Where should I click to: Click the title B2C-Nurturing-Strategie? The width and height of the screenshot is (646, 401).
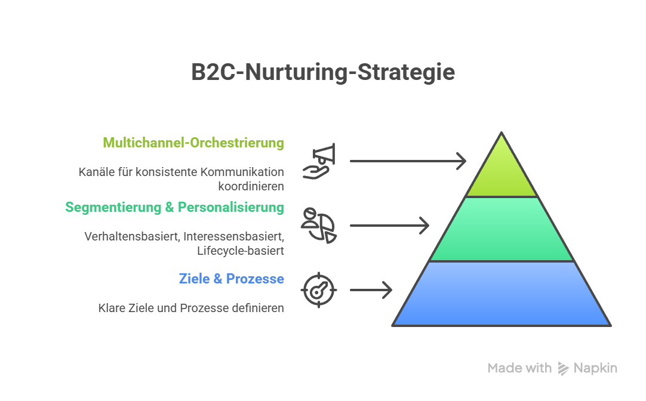tap(323, 72)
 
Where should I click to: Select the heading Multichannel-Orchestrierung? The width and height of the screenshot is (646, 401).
tap(193, 143)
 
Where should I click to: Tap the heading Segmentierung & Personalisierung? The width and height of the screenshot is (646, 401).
tap(174, 207)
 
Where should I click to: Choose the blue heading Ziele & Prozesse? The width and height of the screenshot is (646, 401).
tap(231, 279)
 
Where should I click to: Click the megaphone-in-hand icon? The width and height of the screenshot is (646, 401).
tap(319, 161)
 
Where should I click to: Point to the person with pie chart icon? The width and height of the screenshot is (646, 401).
tap(319, 225)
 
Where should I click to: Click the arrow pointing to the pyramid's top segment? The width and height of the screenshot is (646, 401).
tap(407, 161)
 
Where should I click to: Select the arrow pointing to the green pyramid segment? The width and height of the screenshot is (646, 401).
tap(389, 226)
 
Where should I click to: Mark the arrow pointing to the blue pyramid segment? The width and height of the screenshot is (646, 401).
tap(370, 290)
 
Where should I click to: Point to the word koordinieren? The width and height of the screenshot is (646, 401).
tap(251, 186)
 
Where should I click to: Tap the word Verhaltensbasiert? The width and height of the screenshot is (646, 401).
tap(132, 236)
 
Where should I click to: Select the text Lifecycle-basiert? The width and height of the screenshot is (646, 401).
tap(241, 250)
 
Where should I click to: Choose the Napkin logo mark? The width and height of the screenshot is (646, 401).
tap(563, 368)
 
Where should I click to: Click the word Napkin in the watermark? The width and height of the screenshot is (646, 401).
tap(595, 368)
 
